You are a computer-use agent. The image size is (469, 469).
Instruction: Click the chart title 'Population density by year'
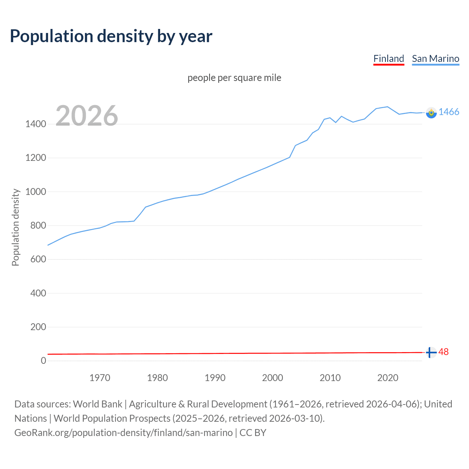pos(111,36)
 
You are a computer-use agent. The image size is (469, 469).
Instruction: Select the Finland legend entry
pos(388,59)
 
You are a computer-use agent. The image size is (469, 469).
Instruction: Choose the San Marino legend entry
pos(435,59)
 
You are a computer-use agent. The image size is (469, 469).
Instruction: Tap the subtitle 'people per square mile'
pos(234,78)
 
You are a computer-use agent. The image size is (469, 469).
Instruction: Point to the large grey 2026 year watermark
pos(87,116)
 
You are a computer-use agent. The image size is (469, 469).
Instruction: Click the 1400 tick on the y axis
pos(36,124)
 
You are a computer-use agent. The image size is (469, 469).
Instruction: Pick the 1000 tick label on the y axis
pos(36,192)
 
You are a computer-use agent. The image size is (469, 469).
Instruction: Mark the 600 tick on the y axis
pos(38,259)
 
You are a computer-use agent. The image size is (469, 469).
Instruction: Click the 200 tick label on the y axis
pos(38,327)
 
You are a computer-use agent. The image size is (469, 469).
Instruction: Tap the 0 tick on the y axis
pos(44,361)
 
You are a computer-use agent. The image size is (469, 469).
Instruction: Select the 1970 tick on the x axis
pos(100,378)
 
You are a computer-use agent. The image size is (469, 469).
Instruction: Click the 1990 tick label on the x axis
pos(215,378)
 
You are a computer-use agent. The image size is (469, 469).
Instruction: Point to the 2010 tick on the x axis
pos(330,378)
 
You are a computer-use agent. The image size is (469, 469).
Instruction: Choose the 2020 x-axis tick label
pos(388,378)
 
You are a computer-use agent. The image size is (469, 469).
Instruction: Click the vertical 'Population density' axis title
pos(15,227)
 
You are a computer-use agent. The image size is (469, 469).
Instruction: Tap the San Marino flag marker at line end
pos(431,112)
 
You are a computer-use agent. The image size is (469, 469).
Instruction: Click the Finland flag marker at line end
pos(431,352)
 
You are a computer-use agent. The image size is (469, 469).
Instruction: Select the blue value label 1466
pos(449,112)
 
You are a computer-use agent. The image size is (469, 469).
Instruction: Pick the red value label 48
pos(443,352)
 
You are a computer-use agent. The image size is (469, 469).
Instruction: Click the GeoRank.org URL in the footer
pos(123,433)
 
